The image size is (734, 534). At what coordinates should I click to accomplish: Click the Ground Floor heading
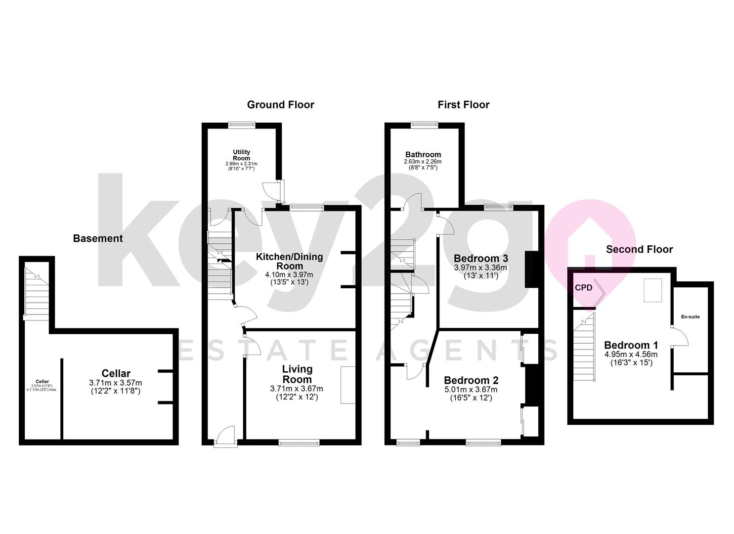pyautogui.click(x=280, y=104)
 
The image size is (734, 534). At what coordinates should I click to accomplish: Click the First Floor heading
pyautogui.click(x=463, y=104)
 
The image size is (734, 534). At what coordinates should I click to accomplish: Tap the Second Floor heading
pyautogui.click(x=639, y=249)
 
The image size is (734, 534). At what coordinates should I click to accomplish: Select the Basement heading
pyautogui.click(x=98, y=238)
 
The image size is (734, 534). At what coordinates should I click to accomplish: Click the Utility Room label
pyautogui.click(x=242, y=155)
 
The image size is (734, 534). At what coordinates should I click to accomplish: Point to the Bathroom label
pyautogui.click(x=423, y=154)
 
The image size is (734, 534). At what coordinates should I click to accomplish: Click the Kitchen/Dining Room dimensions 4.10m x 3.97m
pyautogui.click(x=289, y=275)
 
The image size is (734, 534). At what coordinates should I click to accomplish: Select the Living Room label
pyautogui.click(x=297, y=374)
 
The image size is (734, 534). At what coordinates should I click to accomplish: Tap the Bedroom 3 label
pyautogui.click(x=481, y=258)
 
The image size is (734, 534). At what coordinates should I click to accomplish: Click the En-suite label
pyautogui.click(x=691, y=316)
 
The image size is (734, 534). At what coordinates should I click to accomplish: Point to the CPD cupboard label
pyautogui.click(x=584, y=288)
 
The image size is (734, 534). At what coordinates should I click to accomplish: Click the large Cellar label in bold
pyautogui.click(x=116, y=373)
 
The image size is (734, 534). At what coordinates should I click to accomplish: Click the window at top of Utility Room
pyautogui.click(x=242, y=125)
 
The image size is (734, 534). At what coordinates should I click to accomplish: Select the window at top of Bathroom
pyautogui.click(x=425, y=125)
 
